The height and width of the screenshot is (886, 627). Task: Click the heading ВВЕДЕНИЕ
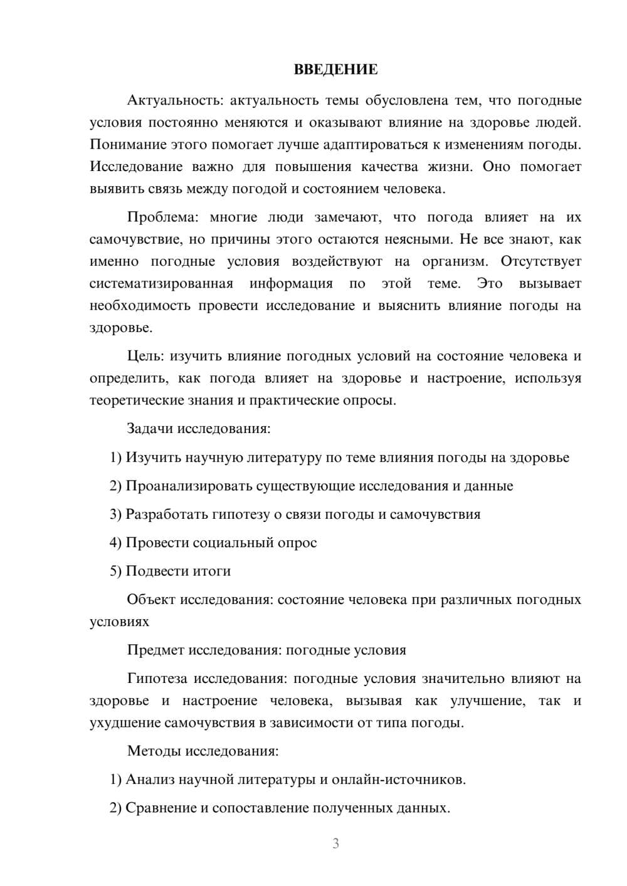(335, 70)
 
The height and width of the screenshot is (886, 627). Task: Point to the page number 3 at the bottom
(335, 843)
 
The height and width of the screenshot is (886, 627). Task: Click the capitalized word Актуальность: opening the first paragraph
(174, 100)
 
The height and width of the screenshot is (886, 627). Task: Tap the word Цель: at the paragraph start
(145, 357)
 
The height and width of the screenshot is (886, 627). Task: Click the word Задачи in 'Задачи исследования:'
(150, 429)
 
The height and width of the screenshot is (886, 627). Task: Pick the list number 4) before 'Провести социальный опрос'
(115, 543)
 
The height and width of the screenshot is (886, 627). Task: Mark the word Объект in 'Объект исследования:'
(151, 600)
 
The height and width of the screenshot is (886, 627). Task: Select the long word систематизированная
(161, 284)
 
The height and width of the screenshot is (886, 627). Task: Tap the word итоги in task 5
(211, 571)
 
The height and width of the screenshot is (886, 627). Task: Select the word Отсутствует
(540, 261)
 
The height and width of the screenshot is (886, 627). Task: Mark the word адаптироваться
(374, 145)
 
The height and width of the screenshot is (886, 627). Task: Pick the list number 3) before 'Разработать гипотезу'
(115, 514)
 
